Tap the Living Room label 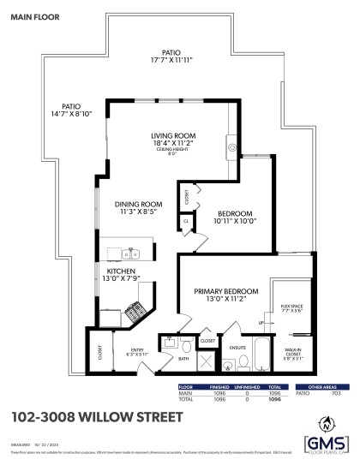[174, 136]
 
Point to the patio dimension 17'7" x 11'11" [176, 59]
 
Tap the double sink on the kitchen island [130, 253]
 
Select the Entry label [137, 349]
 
